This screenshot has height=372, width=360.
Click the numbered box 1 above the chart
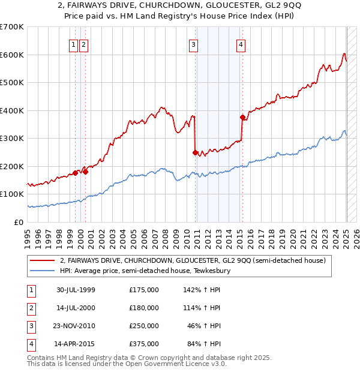73,44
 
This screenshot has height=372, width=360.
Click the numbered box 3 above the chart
194,44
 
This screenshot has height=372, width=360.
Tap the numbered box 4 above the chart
240,44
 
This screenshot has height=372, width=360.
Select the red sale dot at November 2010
196,152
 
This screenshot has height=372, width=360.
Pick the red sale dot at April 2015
242,118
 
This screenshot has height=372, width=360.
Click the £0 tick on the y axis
19,222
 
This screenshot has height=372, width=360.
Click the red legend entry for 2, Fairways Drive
192,261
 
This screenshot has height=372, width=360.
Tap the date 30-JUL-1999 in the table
76,290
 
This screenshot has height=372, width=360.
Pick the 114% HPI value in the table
203,308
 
